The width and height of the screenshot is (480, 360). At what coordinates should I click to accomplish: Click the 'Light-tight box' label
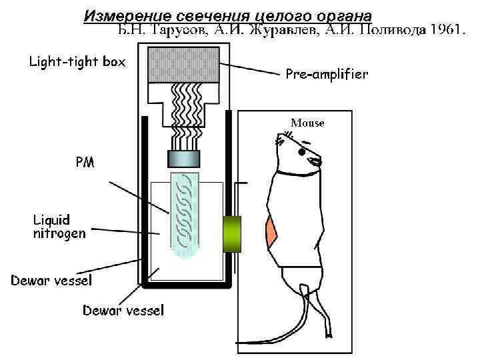[x=77, y=63]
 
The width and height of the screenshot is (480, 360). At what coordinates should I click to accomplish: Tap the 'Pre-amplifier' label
[x=327, y=74]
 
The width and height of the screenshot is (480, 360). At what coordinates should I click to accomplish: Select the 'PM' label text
[x=85, y=161]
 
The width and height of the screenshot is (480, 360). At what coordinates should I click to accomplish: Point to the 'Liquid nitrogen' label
[x=59, y=226]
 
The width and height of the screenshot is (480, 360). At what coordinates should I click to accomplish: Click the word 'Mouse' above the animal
[x=307, y=123]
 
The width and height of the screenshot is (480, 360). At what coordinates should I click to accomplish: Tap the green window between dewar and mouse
[x=233, y=234]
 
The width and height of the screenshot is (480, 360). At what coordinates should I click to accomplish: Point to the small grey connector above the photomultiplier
[x=183, y=158]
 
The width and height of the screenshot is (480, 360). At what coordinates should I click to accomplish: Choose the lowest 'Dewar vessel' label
[x=123, y=310]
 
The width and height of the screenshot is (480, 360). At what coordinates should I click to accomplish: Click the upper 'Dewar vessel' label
[x=51, y=280]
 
